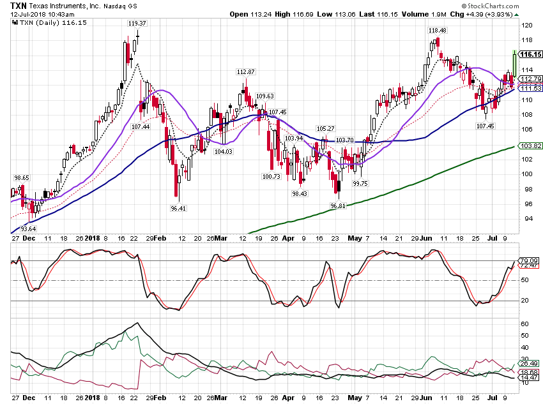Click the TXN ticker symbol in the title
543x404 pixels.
click(x=19, y=6)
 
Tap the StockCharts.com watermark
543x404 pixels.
click(x=490, y=6)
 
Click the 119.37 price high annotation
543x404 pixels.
click(x=137, y=23)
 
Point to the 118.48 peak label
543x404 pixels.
click(x=438, y=31)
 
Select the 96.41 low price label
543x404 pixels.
click(x=178, y=208)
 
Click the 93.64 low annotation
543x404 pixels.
click(x=28, y=228)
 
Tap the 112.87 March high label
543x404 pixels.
click(x=245, y=72)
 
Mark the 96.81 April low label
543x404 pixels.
click(x=338, y=206)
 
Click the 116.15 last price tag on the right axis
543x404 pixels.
click(x=530, y=54)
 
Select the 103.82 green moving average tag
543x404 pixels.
click(x=531, y=146)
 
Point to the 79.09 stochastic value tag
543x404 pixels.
click(x=530, y=260)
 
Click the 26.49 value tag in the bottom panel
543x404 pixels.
click(x=530, y=363)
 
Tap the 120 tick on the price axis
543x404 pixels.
click(x=527, y=25)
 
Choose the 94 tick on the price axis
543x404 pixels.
click(x=528, y=218)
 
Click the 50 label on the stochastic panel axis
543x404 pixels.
click(x=524, y=280)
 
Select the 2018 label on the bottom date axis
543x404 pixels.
click(x=93, y=398)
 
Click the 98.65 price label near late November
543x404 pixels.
click(x=22, y=178)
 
